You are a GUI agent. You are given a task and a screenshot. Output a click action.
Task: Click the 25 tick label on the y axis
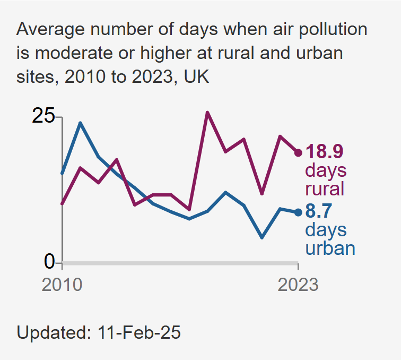point(43,116)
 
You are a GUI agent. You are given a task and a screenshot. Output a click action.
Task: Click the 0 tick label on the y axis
point(49,262)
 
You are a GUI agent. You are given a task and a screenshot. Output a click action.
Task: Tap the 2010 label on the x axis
point(62,285)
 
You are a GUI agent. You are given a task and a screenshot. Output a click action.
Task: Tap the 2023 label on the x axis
point(298,285)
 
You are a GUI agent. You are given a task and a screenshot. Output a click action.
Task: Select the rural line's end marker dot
point(298,153)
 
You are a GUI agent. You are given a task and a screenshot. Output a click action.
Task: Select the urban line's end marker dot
point(298,212)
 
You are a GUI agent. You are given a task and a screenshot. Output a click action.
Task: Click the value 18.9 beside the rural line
point(325,152)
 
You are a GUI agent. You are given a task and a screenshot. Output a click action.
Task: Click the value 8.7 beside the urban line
point(318,212)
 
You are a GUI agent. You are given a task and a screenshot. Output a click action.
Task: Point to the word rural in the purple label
point(325,189)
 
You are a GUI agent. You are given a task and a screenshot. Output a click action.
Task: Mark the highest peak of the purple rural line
point(207,113)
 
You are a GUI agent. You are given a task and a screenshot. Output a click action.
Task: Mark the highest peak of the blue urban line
point(80,123)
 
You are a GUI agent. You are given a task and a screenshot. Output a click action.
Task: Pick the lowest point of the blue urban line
point(261,237)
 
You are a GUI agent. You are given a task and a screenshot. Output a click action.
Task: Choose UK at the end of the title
point(196,78)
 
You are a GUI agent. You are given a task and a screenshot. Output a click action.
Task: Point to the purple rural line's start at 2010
point(63,203)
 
